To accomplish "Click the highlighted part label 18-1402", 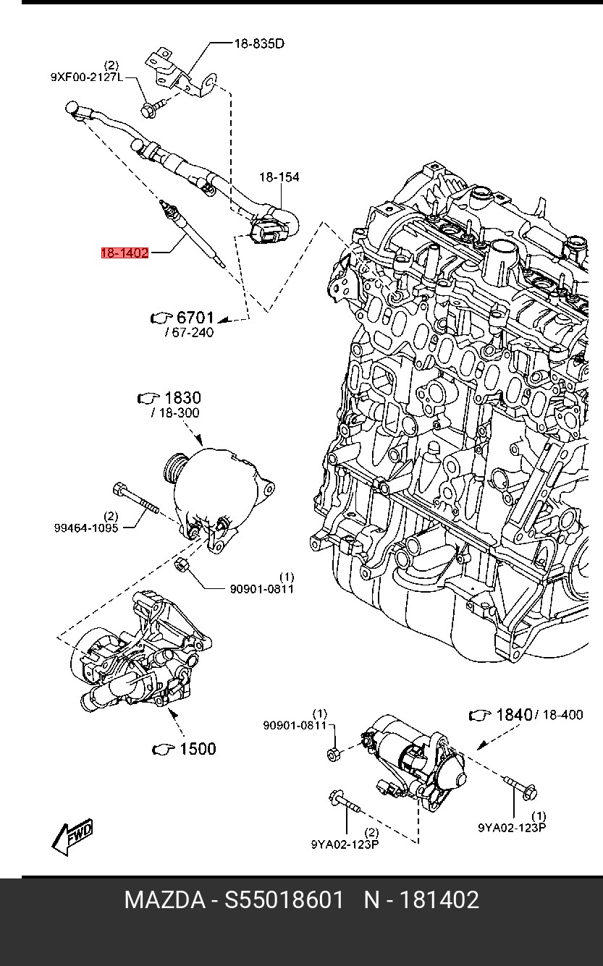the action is point(125,253).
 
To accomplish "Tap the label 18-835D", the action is point(259,43).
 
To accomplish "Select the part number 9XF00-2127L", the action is point(87,77).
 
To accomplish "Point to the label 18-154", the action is point(279,177).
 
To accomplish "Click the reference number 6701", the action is point(195,318).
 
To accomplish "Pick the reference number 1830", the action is point(182,397).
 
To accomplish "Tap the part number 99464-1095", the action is point(86,528).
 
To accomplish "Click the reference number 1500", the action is point(197,749).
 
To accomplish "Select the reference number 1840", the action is point(515,715).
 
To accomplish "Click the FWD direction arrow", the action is point(72,836).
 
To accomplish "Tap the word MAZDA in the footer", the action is point(164,900).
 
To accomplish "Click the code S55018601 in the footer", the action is point(284,900).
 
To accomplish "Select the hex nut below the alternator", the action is point(181,564).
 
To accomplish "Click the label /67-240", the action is point(190,333).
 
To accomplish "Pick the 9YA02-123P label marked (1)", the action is point(512,828).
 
